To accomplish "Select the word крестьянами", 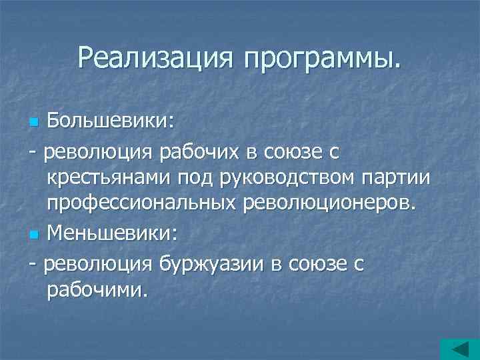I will coord(109,178).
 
